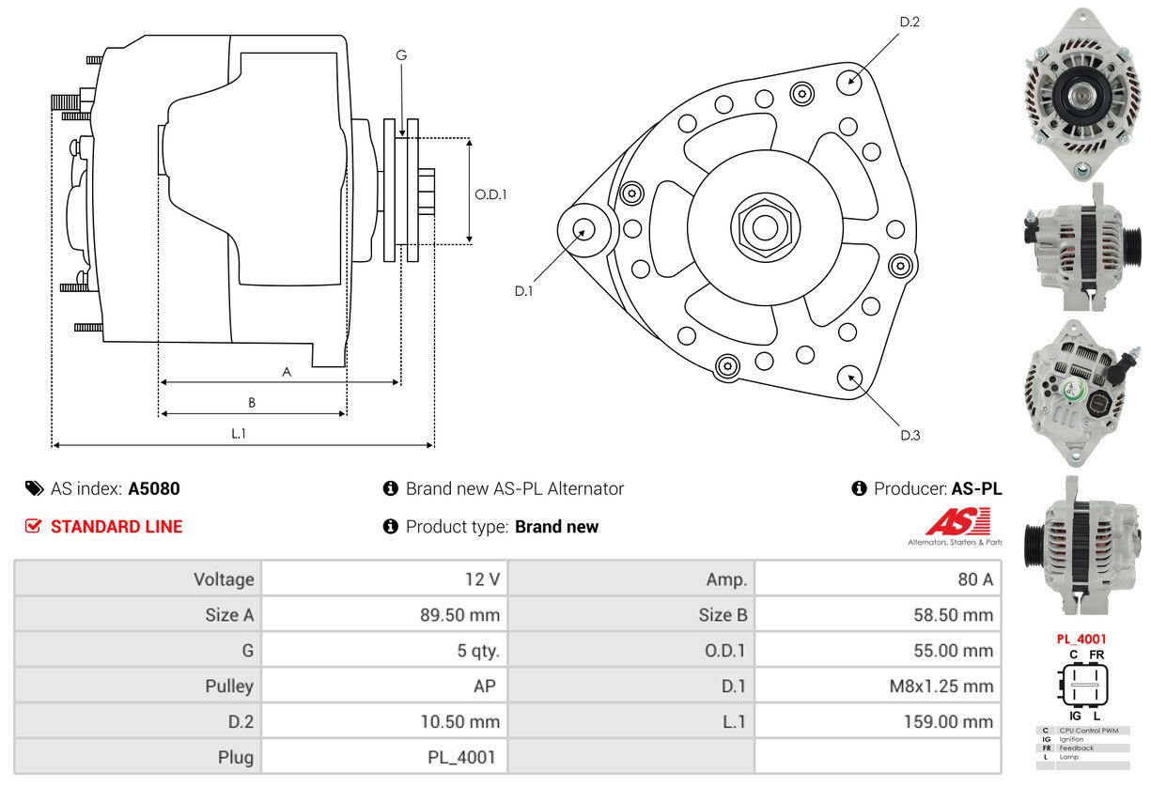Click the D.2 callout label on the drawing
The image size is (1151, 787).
[909, 22]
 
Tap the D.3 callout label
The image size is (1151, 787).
[910, 435]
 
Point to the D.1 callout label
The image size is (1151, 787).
[523, 291]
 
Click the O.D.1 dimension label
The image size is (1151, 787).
[490, 194]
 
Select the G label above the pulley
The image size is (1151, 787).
[401, 55]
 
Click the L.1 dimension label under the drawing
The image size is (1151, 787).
[239, 433]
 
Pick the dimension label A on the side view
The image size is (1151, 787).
[287, 372]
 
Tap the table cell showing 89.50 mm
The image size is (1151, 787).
[459, 615]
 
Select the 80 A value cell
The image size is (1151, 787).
[974, 579]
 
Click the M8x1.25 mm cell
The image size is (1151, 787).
[941, 686]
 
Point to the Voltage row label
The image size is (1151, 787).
[224, 579]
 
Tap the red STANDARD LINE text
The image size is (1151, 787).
[117, 527]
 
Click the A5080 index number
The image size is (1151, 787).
[154, 488]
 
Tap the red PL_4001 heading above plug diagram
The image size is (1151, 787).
[1081, 639]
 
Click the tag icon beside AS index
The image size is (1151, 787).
[34, 488]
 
